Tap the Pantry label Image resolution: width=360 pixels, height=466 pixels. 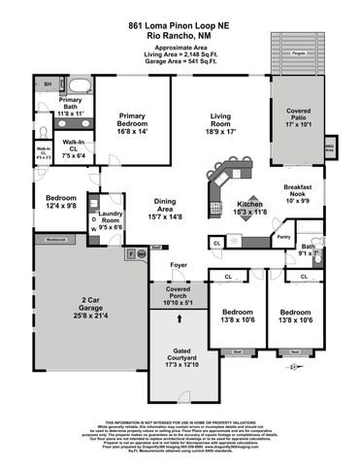point(283,236)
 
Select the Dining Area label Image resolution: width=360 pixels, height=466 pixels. point(169,205)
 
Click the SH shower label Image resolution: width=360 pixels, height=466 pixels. point(46,85)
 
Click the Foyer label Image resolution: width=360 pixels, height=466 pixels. point(178,264)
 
